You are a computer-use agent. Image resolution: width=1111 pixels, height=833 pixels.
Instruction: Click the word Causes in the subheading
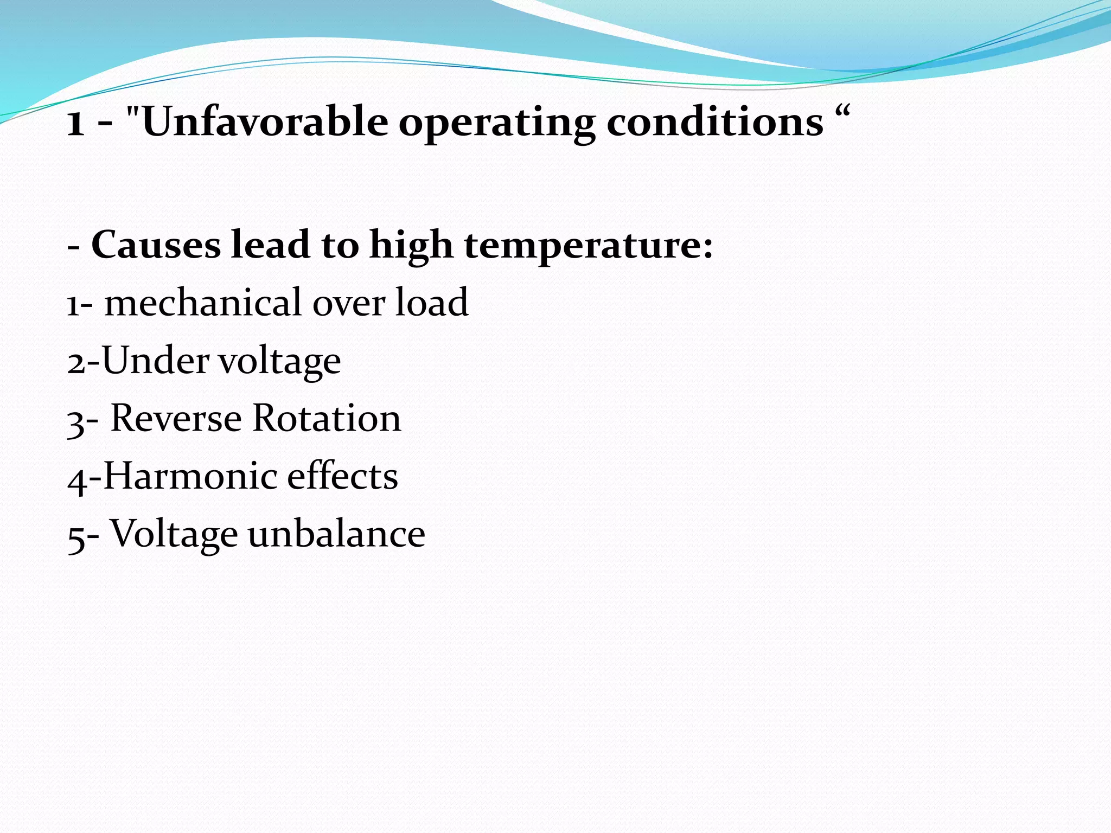pos(156,245)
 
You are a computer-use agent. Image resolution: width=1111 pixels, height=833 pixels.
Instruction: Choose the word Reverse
pos(176,418)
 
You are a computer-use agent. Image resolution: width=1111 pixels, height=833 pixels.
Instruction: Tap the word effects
pos(342,476)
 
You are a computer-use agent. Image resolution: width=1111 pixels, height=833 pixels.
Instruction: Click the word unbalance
pos(336,534)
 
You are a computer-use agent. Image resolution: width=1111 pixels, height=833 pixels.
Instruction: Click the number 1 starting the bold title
pos(75,123)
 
